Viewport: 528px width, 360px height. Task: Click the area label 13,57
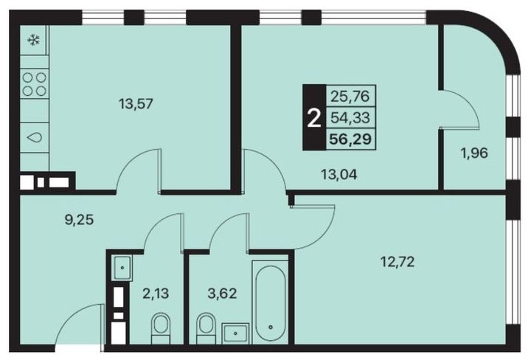click(136, 104)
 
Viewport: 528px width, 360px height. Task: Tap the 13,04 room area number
click(338, 174)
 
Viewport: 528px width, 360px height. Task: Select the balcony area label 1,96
click(474, 153)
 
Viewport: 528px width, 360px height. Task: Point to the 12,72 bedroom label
click(397, 261)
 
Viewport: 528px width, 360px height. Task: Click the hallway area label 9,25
click(79, 220)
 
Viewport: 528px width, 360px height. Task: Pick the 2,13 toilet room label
click(156, 294)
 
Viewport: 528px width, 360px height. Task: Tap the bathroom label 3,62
click(221, 294)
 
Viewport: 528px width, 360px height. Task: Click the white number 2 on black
click(314, 119)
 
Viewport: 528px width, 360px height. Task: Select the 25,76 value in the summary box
click(350, 97)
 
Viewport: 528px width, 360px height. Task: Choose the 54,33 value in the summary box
click(350, 117)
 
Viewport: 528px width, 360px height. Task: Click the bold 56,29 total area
click(350, 139)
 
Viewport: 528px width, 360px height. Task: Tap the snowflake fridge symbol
click(33, 41)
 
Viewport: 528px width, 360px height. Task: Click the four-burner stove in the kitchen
click(35, 84)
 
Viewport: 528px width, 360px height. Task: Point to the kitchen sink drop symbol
click(35, 137)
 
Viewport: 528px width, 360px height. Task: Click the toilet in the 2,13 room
click(160, 329)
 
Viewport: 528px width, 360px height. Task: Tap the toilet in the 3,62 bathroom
click(206, 328)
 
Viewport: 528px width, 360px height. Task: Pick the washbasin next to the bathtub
click(235, 333)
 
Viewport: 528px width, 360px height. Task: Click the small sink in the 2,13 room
click(122, 268)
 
